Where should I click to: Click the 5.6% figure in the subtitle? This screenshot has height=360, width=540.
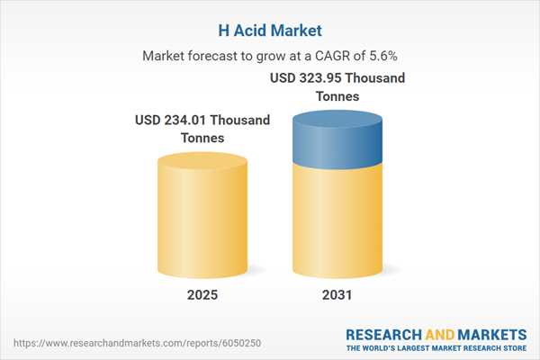point(379,55)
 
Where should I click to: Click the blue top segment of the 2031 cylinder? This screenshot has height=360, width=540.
point(338,135)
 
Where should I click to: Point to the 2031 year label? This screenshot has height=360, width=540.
point(338,294)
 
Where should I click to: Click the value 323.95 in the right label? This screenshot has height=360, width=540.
point(322,77)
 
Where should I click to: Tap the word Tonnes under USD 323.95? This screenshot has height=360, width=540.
point(338,96)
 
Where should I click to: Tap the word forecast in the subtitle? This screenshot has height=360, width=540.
point(216,55)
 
